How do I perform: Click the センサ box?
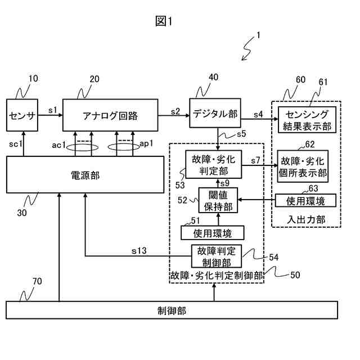click(x=22, y=115)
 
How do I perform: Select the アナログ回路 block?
click(x=110, y=115)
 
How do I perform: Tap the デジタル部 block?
click(x=215, y=113)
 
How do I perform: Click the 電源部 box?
click(x=85, y=175)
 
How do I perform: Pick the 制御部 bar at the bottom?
click(x=172, y=310)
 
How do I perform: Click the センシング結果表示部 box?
click(x=307, y=120)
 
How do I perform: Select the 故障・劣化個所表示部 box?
click(x=303, y=166)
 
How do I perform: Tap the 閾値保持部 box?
click(x=218, y=200)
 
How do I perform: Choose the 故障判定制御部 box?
click(x=217, y=256)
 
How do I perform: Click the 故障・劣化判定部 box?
click(x=214, y=164)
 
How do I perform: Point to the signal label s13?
click(x=139, y=251)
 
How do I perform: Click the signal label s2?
click(x=175, y=111)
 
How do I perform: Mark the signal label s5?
click(x=241, y=134)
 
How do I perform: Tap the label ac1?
click(x=58, y=145)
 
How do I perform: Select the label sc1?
click(x=16, y=144)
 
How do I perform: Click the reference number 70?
click(x=37, y=281)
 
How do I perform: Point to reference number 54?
click(x=274, y=258)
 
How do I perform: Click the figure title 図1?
click(x=164, y=21)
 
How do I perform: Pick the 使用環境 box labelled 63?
click(x=305, y=201)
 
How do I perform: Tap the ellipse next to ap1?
click(x=124, y=147)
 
